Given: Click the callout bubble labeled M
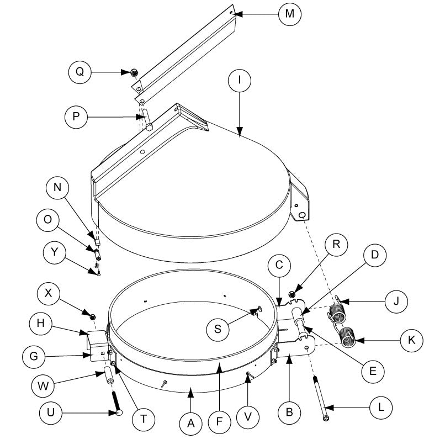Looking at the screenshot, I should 290,15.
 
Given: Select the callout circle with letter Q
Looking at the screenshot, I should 81,73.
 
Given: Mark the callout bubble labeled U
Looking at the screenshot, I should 50,412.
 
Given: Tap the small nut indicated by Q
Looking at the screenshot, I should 134,72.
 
